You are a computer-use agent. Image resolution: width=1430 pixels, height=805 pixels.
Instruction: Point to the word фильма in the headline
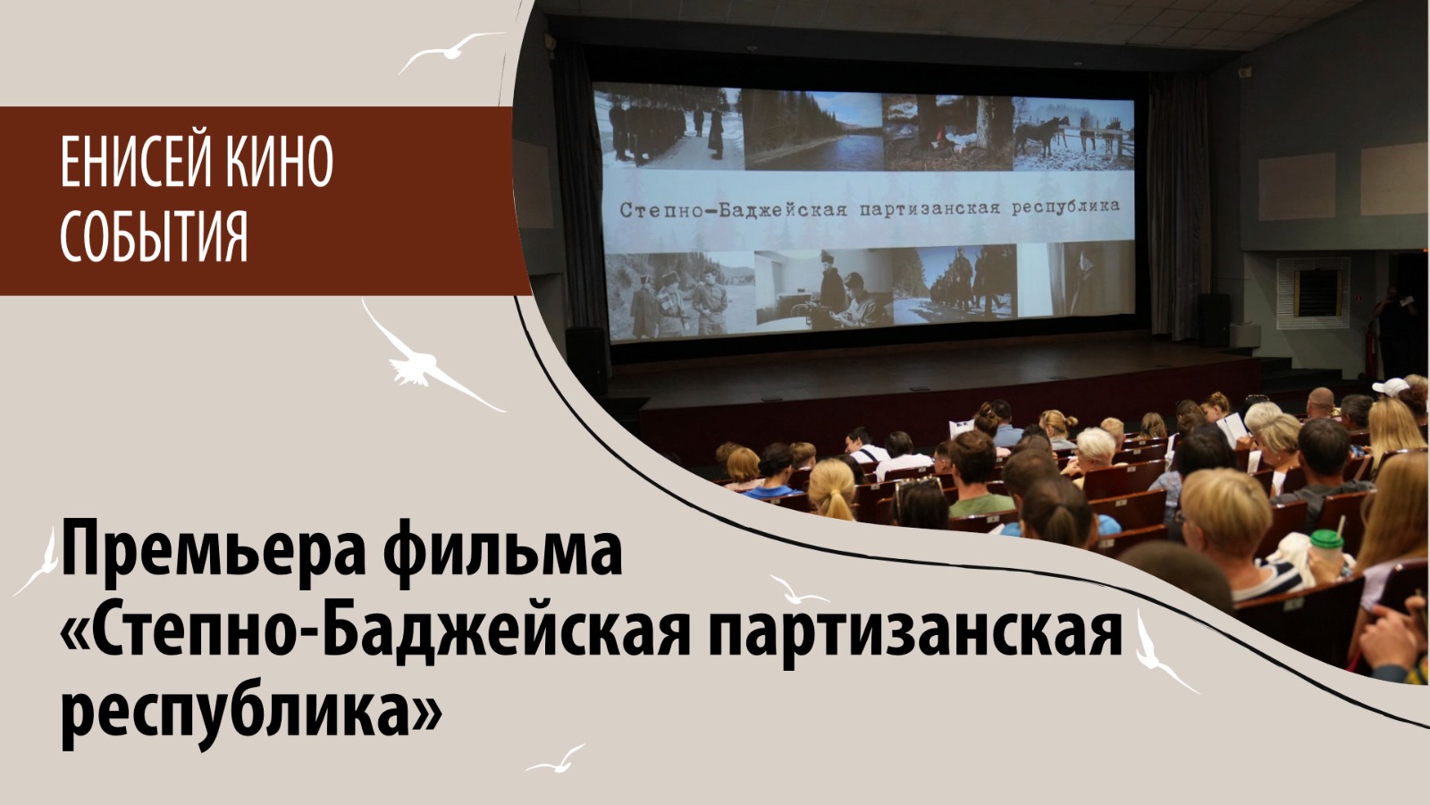pyautogui.click(x=506, y=552)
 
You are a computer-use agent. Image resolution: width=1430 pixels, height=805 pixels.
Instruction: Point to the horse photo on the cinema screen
pyautogui.click(x=1073, y=133)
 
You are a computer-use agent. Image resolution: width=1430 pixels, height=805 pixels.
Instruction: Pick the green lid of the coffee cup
pyautogui.click(x=1327, y=540)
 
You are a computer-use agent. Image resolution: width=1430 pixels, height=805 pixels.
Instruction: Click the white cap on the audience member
pyautogui.click(x=1391, y=386)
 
